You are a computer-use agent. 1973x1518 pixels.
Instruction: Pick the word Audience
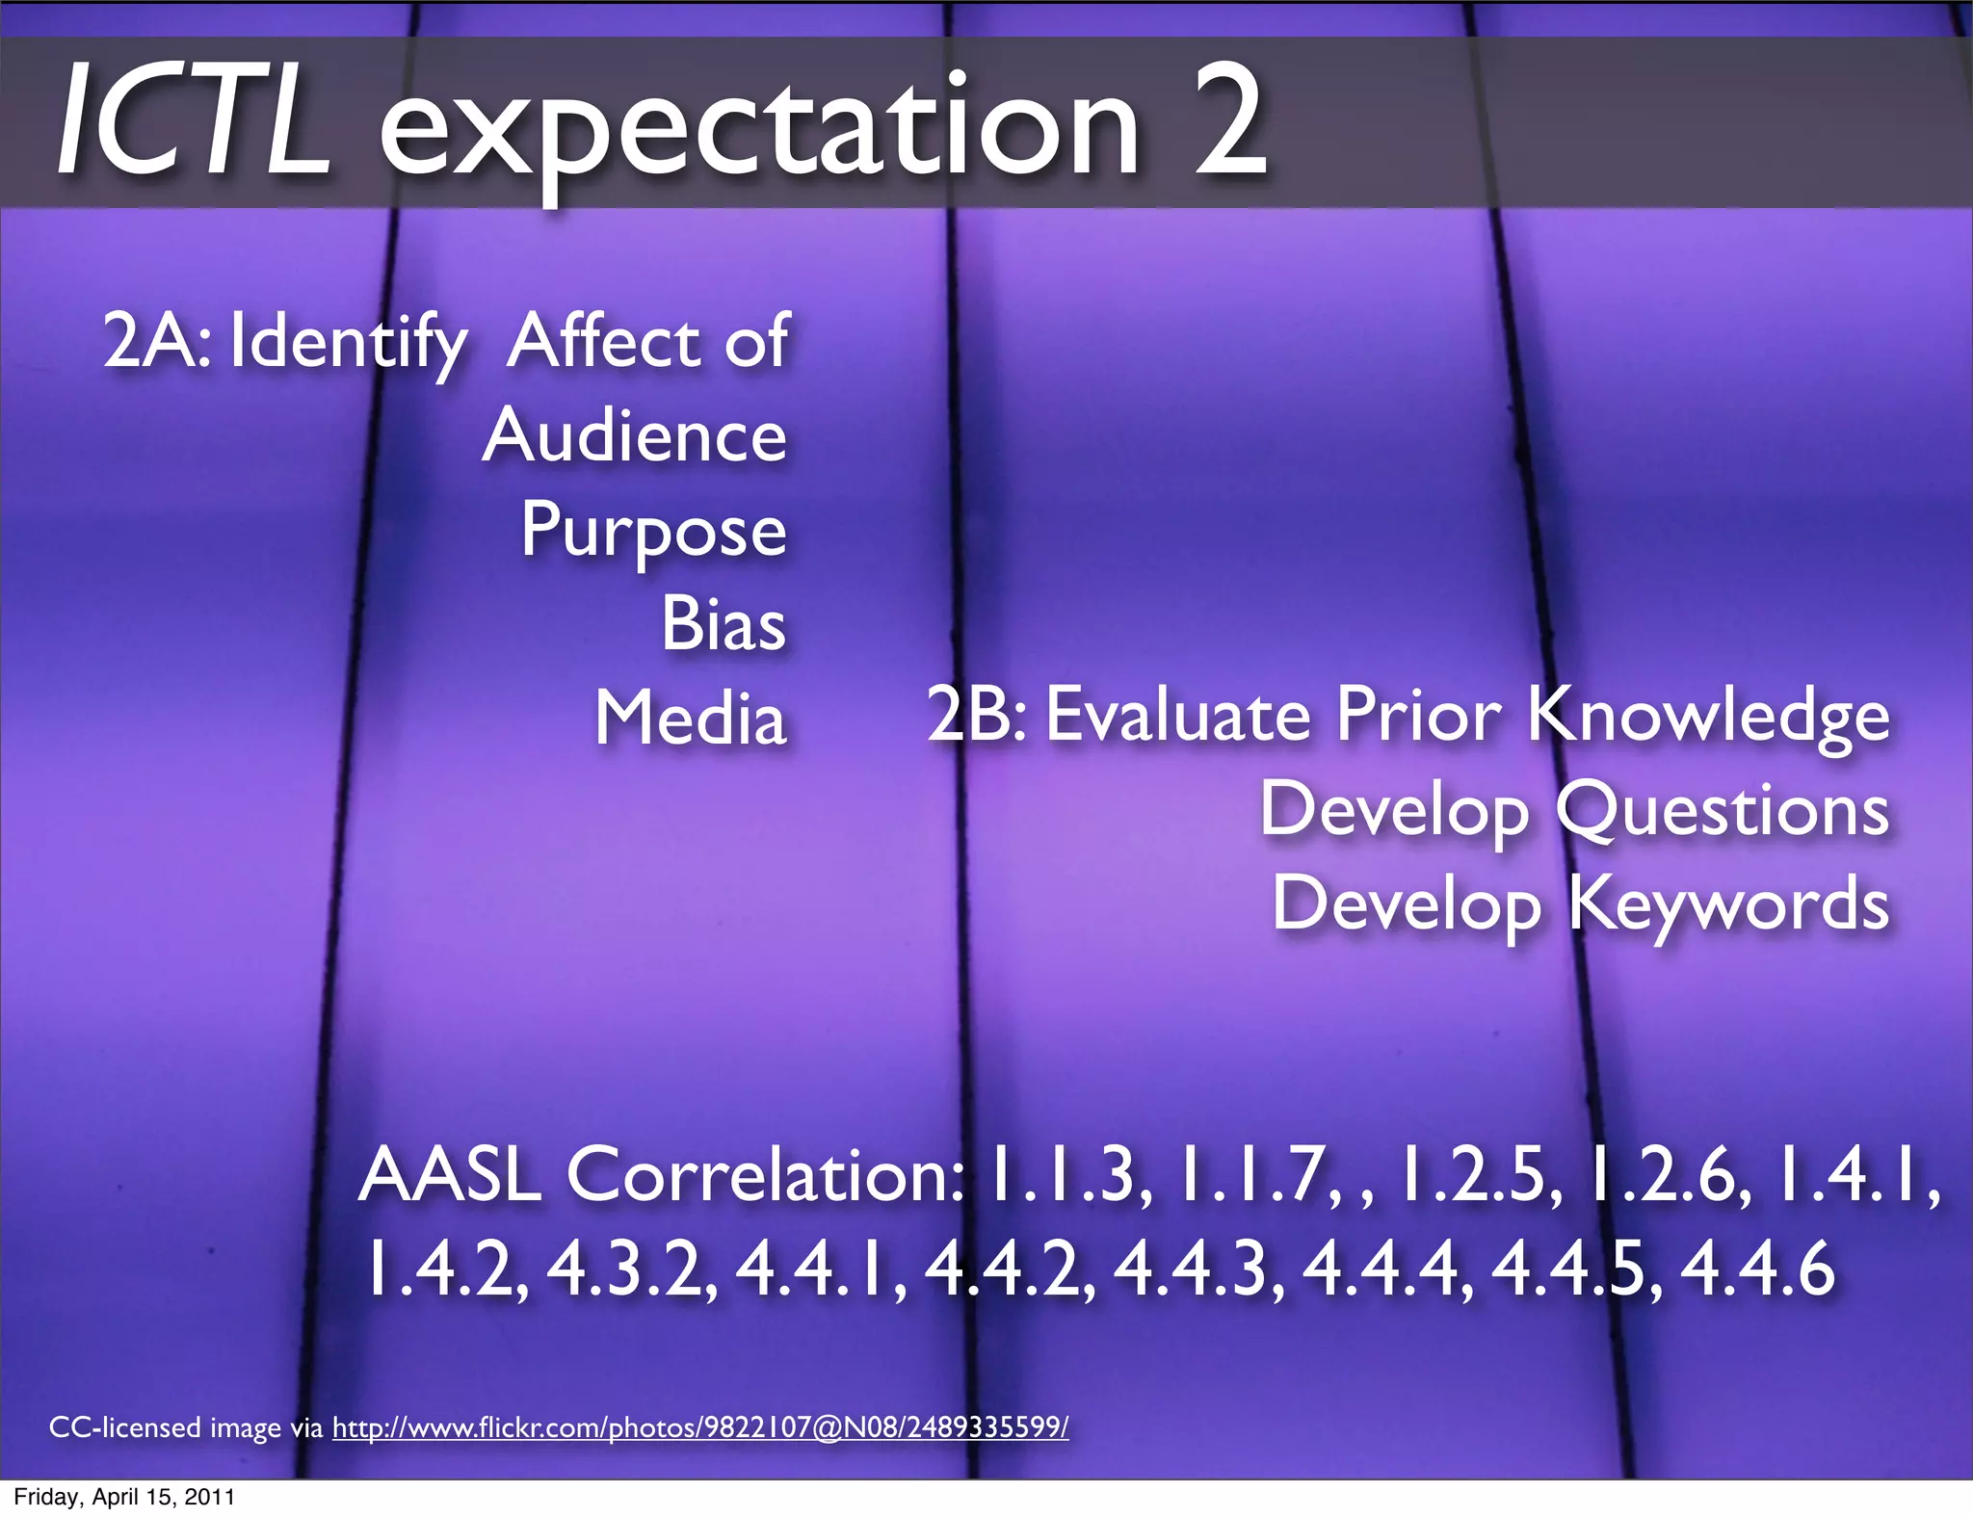pyautogui.click(x=635, y=436)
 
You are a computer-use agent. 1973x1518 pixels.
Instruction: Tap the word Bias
pyautogui.click(x=723, y=624)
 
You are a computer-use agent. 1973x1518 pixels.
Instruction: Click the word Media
pyautogui.click(x=690, y=719)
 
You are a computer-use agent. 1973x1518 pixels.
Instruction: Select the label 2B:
pyautogui.click(x=977, y=716)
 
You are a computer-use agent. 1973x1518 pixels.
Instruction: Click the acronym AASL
pyautogui.click(x=449, y=1175)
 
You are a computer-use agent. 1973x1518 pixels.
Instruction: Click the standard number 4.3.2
pyautogui.click(x=632, y=1269)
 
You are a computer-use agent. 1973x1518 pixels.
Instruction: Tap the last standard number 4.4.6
pyautogui.click(x=1757, y=1269)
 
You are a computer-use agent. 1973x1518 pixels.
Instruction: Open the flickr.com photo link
pyautogui.click(x=700, y=1426)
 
